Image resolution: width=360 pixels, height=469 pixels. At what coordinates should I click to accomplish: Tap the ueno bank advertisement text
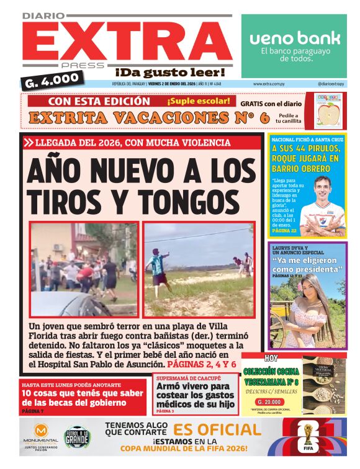295,38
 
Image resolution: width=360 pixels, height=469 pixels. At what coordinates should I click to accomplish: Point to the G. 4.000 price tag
53,79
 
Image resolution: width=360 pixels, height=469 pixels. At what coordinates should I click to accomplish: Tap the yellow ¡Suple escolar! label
198,100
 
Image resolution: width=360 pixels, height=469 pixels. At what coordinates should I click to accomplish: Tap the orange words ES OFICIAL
217,430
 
